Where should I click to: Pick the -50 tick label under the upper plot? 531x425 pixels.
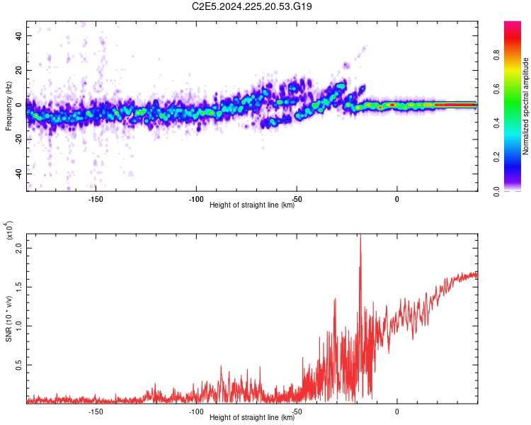pos(297,198)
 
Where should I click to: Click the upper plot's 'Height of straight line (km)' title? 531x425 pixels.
pos(252,205)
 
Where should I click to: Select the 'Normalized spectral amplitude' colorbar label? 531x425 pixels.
pos(525,106)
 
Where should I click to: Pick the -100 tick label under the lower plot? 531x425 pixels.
pos(196,412)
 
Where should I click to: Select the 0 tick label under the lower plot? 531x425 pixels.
pos(397,412)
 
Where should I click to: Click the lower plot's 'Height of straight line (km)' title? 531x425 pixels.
pos(252,418)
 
